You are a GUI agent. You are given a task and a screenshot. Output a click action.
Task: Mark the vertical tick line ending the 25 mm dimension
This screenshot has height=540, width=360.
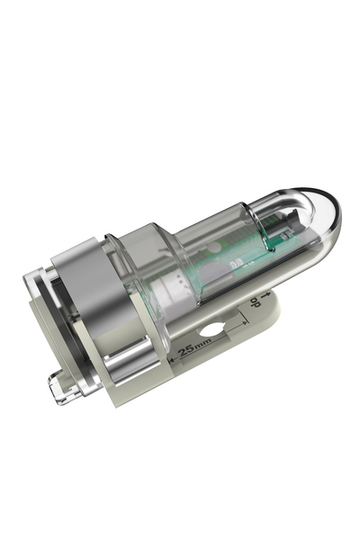point(242,328)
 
